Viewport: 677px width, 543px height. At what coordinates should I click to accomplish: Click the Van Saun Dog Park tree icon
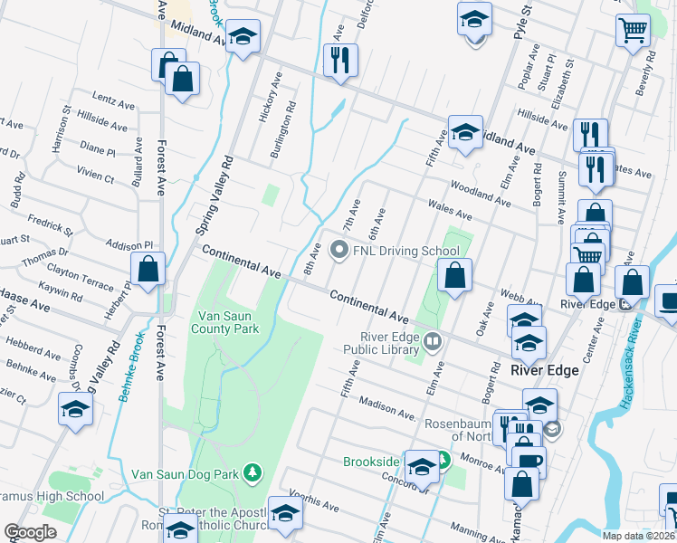pos(254,472)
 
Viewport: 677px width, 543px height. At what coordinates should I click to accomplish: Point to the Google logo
pos(30,532)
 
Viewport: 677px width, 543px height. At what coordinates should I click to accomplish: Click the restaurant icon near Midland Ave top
pos(340,61)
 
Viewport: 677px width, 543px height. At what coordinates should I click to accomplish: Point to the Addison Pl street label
pos(130,245)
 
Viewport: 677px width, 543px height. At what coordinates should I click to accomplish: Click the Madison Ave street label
pos(391,406)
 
